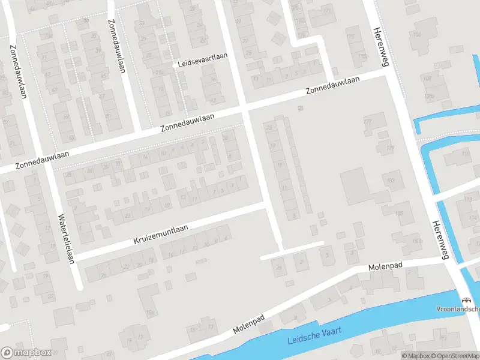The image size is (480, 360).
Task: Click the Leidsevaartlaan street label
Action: pos(203,65)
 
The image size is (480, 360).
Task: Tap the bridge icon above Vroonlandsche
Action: pos(465,299)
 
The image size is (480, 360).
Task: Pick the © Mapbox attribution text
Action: pos(415,356)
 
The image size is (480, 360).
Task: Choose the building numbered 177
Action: pos(368,122)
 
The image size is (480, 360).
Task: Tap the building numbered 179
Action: pos(390,148)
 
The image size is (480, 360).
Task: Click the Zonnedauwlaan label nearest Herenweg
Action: pos(332,86)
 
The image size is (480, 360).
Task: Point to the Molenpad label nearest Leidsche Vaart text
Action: pos(248,326)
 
